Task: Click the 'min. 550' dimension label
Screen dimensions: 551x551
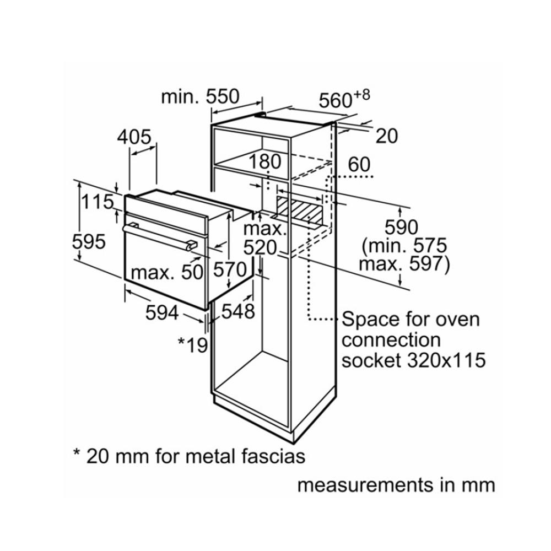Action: tap(200, 97)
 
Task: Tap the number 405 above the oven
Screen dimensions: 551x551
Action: tap(134, 137)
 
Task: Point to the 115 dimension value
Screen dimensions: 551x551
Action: tap(98, 202)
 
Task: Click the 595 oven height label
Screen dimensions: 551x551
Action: tap(89, 241)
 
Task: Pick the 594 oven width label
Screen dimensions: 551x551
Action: tap(162, 312)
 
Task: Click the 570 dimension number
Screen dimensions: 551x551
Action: tap(229, 269)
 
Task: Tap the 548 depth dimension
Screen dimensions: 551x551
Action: tap(238, 312)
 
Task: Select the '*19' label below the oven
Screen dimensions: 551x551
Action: tap(192, 344)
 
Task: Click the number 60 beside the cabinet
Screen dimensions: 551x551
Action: tap(359, 164)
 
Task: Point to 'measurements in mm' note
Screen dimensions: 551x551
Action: tap(396, 485)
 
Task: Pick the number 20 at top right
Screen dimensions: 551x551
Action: tap(387, 136)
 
